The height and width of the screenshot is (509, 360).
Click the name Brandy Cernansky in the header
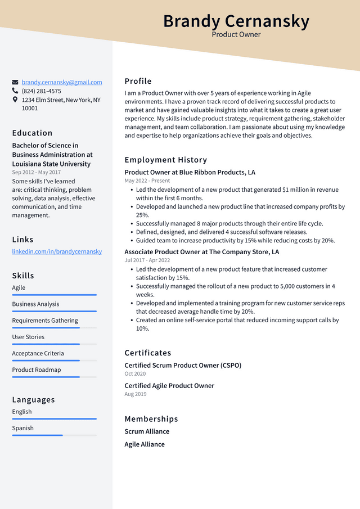click(x=236, y=21)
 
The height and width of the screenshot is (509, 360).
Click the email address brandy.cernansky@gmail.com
click(x=62, y=82)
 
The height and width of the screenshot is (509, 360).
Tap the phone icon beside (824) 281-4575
click(x=15, y=91)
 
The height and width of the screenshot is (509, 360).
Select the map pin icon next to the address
click(x=15, y=100)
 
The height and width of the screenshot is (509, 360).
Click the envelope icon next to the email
click(x=15, y=82)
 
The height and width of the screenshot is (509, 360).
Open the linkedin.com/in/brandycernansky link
click(x=57, y=251)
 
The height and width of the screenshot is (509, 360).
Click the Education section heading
click(x=32, y=133)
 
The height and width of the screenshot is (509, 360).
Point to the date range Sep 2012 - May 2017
click(x=36, y=173)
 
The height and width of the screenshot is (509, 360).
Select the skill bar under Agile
click(x=54, y=295)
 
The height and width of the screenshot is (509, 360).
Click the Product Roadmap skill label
click(x=37, y=370)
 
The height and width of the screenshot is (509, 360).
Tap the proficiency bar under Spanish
click(x=54, y=435)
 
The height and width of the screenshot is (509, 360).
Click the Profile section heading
click(x=138, y=81)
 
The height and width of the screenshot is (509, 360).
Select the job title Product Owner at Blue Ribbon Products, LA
click(x=190, y=172)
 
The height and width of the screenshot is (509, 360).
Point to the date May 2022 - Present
click(x=147, y=181)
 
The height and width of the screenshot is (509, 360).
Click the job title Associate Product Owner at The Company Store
click(x=201, y=252)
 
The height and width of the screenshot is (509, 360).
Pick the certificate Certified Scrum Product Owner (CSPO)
click(x=182, y=365)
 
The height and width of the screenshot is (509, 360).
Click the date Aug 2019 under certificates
click(x=135, y=394)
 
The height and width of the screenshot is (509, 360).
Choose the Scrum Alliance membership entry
click(x=147, y=431)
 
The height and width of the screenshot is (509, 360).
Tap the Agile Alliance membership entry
click(x=145, y=444)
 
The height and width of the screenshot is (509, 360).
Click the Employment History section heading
click(x=165, y=160)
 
